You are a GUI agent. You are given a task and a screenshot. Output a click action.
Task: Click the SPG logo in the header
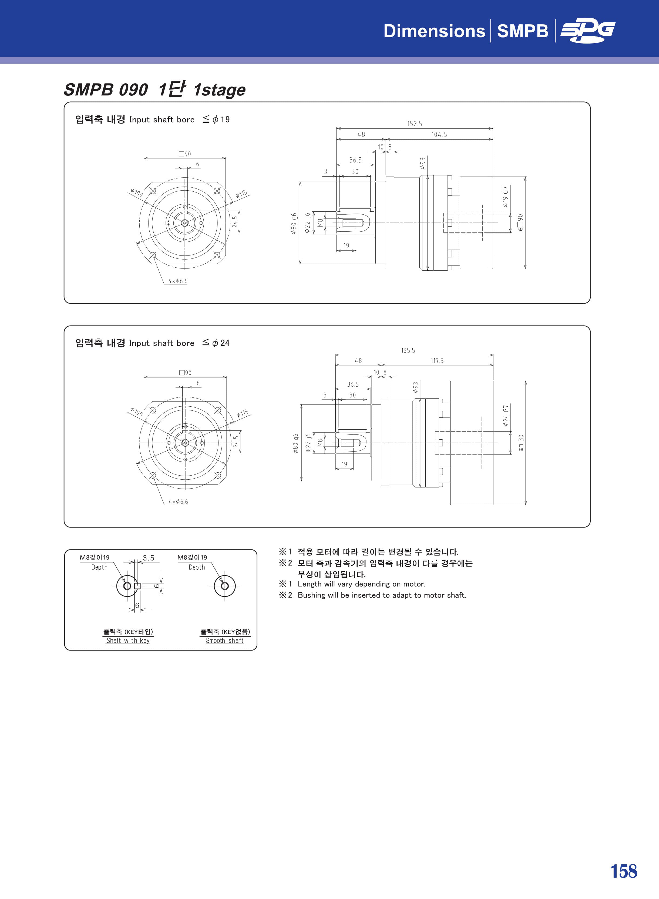(x=588, y=31)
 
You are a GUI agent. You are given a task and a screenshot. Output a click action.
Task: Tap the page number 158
(x=624, y=871)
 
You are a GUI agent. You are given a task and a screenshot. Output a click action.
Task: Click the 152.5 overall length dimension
(x=415, y=124)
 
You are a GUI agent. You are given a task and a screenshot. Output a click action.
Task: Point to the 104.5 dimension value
(x=439, y=135)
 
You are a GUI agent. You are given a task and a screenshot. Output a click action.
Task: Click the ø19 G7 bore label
(x=505, y=197)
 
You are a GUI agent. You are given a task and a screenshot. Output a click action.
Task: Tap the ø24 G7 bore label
(x=506, y=415)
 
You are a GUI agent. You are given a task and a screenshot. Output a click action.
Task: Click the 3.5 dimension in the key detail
(x=148, y=558)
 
